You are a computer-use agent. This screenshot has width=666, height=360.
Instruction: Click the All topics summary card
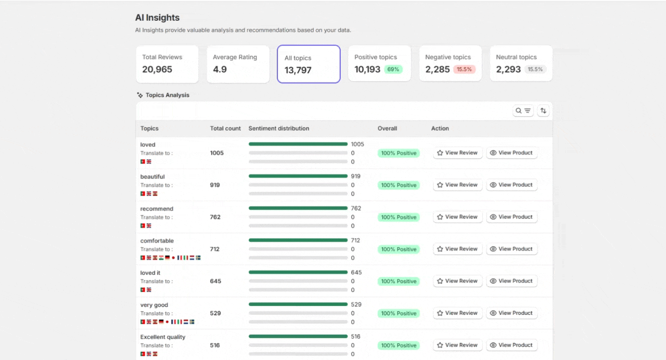[x=309, y=64]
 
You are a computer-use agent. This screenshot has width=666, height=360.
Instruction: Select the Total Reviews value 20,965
[x=157, y=69]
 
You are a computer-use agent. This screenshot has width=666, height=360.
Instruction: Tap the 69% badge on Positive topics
[x=393, y=69]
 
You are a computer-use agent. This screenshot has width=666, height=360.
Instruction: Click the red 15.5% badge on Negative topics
[x=464, y=69]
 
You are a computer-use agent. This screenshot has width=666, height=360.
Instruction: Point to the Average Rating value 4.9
[x=220, y=69]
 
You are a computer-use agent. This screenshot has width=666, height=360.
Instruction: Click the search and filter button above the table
[x=523, y=110]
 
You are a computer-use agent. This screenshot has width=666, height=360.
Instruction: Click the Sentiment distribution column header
[x=279, y=128]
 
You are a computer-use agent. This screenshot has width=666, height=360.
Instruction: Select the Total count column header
[x=225, y=128]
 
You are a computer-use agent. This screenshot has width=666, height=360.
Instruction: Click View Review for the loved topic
[x=457, y=153]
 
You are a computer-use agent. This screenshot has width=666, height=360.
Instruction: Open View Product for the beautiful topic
[x=511, y=185]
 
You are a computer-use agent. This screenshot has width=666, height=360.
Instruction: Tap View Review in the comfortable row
[x=457, y=249]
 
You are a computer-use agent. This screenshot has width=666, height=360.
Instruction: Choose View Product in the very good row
[x=511, y=313]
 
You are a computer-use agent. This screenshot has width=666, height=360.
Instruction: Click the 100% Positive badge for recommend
[x=399, y=217]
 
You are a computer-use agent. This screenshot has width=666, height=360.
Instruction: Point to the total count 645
[x=215, y=281]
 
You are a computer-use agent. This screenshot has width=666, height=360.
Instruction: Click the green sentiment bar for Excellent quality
[x=298, y=337]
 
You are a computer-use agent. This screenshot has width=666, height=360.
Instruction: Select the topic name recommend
[x=157, y=209]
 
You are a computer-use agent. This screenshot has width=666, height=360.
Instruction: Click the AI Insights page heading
[x=157, y=18]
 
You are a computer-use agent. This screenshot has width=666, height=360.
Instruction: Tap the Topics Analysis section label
[x=167, y=95]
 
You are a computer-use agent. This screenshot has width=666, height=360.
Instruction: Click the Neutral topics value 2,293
[x=508, y=69]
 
